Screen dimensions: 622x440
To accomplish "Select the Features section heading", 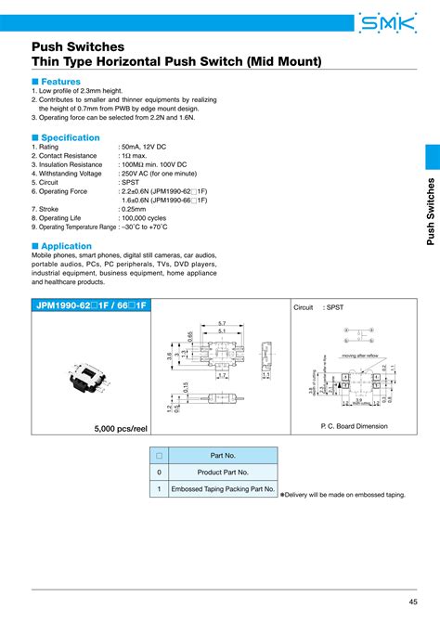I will tap(58, 82).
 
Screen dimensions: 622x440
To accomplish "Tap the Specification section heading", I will tap(66, 137).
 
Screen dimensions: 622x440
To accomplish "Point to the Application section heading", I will tap(62, 246).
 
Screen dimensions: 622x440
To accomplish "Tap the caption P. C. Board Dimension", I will tap(352, 425).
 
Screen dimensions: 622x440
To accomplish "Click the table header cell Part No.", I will tap(224, 455).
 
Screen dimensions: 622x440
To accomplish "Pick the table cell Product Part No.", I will tap(224, 472).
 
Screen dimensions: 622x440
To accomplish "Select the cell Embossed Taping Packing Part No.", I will tap(224, 488).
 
